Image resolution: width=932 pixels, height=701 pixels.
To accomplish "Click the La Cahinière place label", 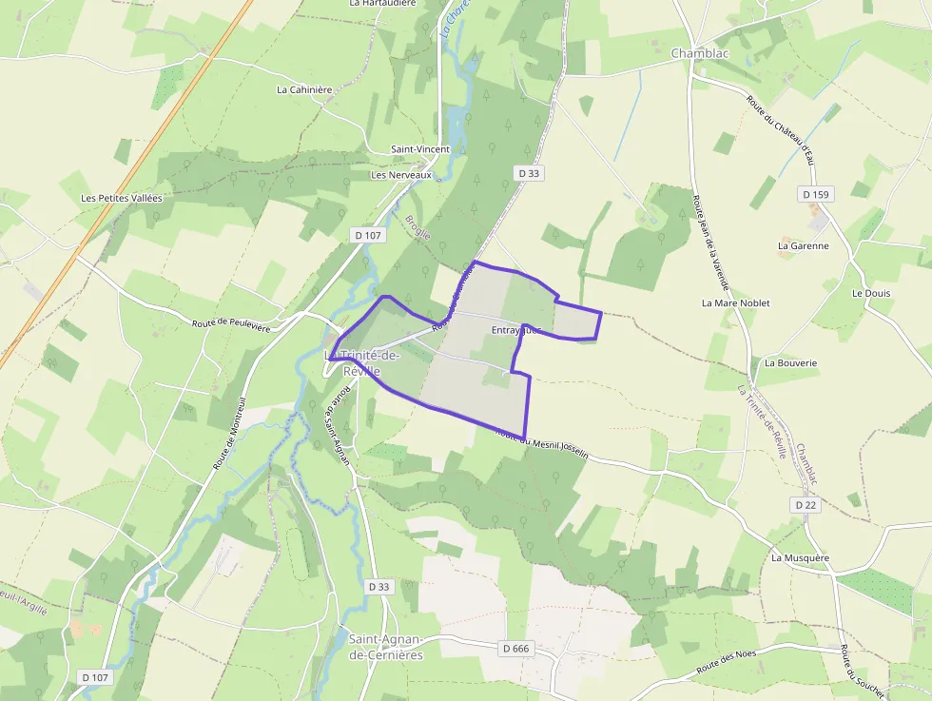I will (x=304, y=89).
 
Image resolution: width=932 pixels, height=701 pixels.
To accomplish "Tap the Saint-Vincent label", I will (x=420, y=149).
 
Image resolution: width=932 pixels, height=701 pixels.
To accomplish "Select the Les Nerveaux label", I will (x=401, y=175).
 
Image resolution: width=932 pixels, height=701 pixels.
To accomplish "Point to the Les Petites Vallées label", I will (x=122, y=198).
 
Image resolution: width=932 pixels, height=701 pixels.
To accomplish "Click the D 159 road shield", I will (x=816, y=194).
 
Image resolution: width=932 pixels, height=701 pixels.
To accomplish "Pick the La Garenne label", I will (x=803, y=245).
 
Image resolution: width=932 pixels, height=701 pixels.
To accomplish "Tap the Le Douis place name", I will (x=871, y=293).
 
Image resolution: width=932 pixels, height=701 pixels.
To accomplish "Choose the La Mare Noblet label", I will (x=735, y=302).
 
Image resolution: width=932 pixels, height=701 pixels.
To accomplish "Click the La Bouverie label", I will (x=790, y=362).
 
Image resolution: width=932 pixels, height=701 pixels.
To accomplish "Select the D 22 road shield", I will (x=806, y=504).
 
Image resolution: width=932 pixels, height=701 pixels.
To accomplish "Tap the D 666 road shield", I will (x=514, y=648).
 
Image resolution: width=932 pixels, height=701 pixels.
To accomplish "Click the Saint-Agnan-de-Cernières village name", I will (x=386, y=647).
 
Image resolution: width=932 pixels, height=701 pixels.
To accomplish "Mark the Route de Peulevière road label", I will (x=231, y=324).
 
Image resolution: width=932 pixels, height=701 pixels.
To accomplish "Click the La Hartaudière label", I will (x=382, y=4).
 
